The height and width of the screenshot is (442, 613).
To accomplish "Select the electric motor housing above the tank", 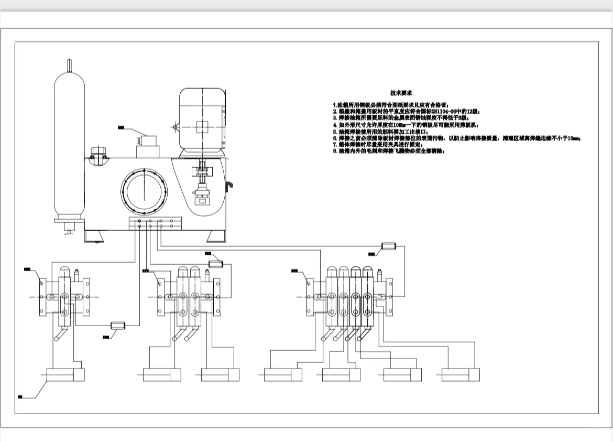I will click(x=202, y=120).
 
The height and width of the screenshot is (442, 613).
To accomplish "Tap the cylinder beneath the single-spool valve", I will click(x=65, y=375).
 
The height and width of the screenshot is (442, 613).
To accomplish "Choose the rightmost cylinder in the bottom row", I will click(x=461, y=375).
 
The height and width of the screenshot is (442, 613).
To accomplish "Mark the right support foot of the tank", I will click(x=215, y=237).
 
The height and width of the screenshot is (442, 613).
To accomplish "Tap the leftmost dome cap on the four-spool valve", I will click(x=332, y=271).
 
